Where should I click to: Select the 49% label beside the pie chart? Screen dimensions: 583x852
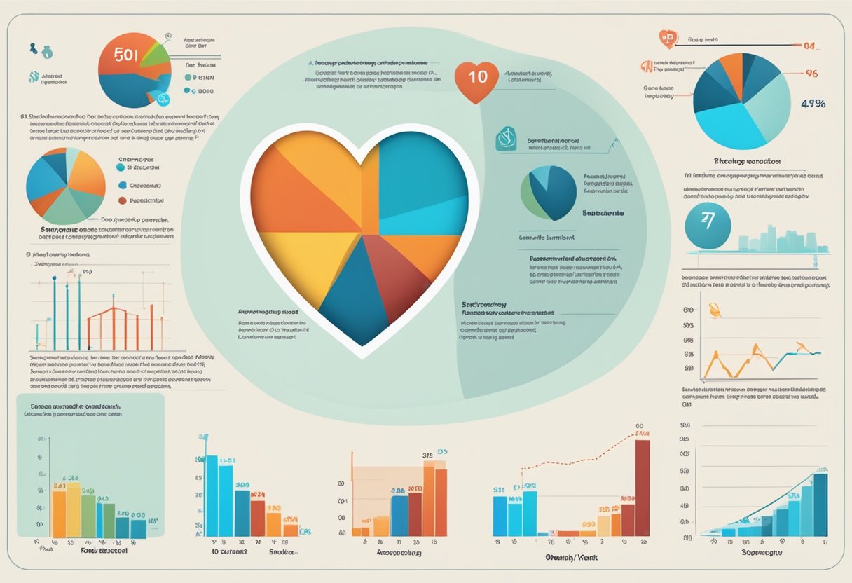(x=812, y=104)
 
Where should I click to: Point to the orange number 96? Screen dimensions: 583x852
(x=812, y=73)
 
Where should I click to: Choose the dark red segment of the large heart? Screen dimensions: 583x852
(x=400, y=273)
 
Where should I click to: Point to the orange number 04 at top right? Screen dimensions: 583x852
(x=811, y=46)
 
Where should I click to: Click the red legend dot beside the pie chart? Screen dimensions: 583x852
(x=123, y=200)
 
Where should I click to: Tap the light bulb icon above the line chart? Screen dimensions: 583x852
(x=715, y=309)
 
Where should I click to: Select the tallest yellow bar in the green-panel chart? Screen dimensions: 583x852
(x=73, y=510)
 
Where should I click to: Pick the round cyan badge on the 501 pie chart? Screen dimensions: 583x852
(x=163, y=100)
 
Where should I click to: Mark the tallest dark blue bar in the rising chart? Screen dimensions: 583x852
(x=820, y=505)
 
